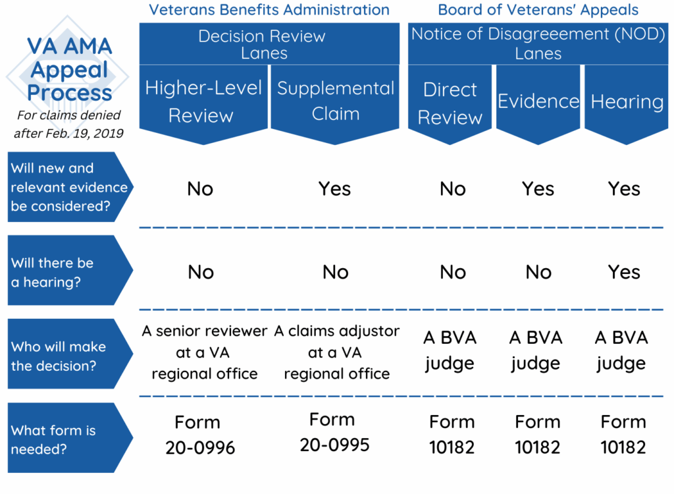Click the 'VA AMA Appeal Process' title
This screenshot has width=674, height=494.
(x=69, y=69)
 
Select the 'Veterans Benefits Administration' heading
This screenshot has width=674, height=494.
(x=269, y=10)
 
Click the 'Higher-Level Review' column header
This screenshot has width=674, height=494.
(x=203, y=101)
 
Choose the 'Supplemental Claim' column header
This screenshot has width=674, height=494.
(x=336, y=101)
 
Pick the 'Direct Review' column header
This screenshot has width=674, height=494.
(x=450, y=103)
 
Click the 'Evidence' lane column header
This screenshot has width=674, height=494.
(x=538, y=101)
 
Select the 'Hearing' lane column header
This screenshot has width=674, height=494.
(x=627, y=101)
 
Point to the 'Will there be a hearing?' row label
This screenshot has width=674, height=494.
(x=53, y=272)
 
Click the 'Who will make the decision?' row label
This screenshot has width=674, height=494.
(x=58, y=356)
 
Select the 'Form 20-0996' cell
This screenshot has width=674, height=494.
(x=200, y=435)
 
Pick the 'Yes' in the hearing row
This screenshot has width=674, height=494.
(x=624, y=272)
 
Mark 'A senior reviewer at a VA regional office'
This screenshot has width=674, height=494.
(x=204, y=352)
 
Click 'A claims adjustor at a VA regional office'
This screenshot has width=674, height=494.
(x=336, y=352)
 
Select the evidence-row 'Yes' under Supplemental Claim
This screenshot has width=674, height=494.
(x=335, y=189)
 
